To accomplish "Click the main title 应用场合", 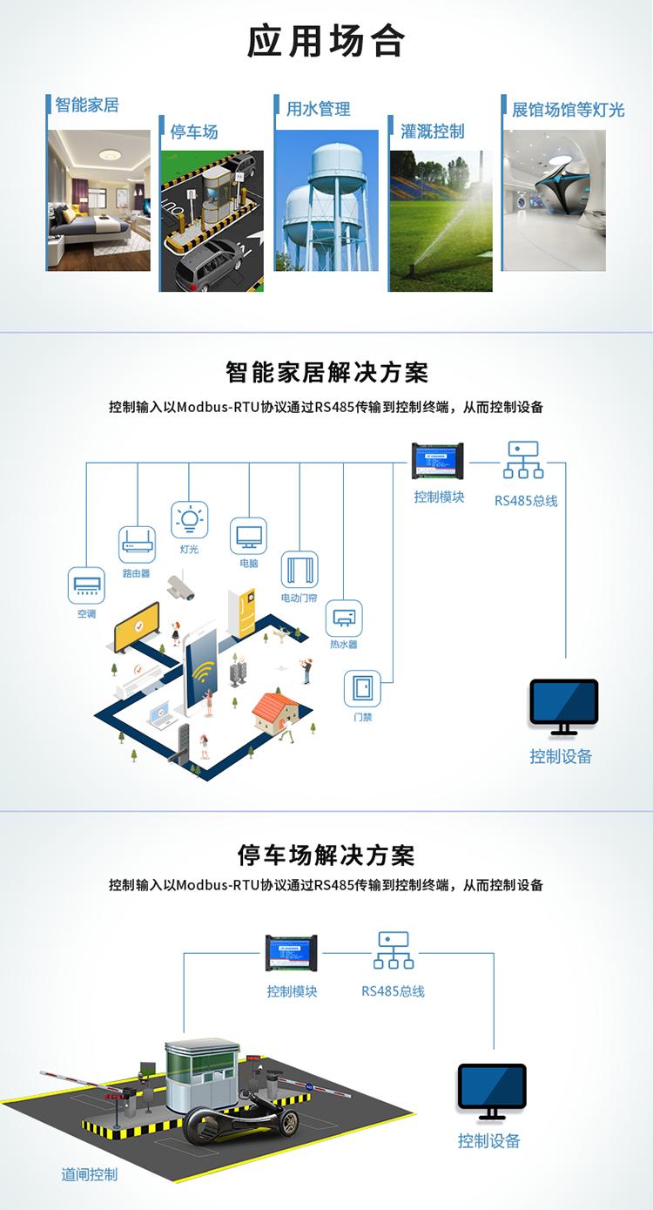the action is pyautogui.click(x=326, y=42).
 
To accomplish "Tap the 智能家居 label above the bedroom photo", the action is pyautogui.click(x=87, y=105).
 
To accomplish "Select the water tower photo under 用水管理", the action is pyautogui.click(x=327, y=200).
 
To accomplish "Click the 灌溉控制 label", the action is pyautogui.click(x=432, y=132).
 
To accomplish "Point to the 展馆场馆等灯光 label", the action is pyautogui.click(x=569, y=110).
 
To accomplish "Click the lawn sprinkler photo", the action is pyautogui.click(x=441, y=221).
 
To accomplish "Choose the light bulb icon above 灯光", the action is pyautogui.click(x=190, y=520).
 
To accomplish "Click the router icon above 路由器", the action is pyautogui.click(x=137, y=544).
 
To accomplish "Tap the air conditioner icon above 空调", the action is pyautogui.click(x=86, y=585).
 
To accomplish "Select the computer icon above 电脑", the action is pyautogui.click(x=248, y=536).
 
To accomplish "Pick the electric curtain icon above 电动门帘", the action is pyautogui.click(x=300, y=570).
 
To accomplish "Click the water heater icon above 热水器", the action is pyautogui.click(x=344, y=619).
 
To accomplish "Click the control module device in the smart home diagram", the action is pyautogui.click(x=438, y=461).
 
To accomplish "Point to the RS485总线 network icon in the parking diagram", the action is pyautogui.click(x=394, y=950).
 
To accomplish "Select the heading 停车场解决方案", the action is pyautogui.click(x=326, y=855).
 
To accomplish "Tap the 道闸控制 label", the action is pyautogui.click(x=89, y=1174).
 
